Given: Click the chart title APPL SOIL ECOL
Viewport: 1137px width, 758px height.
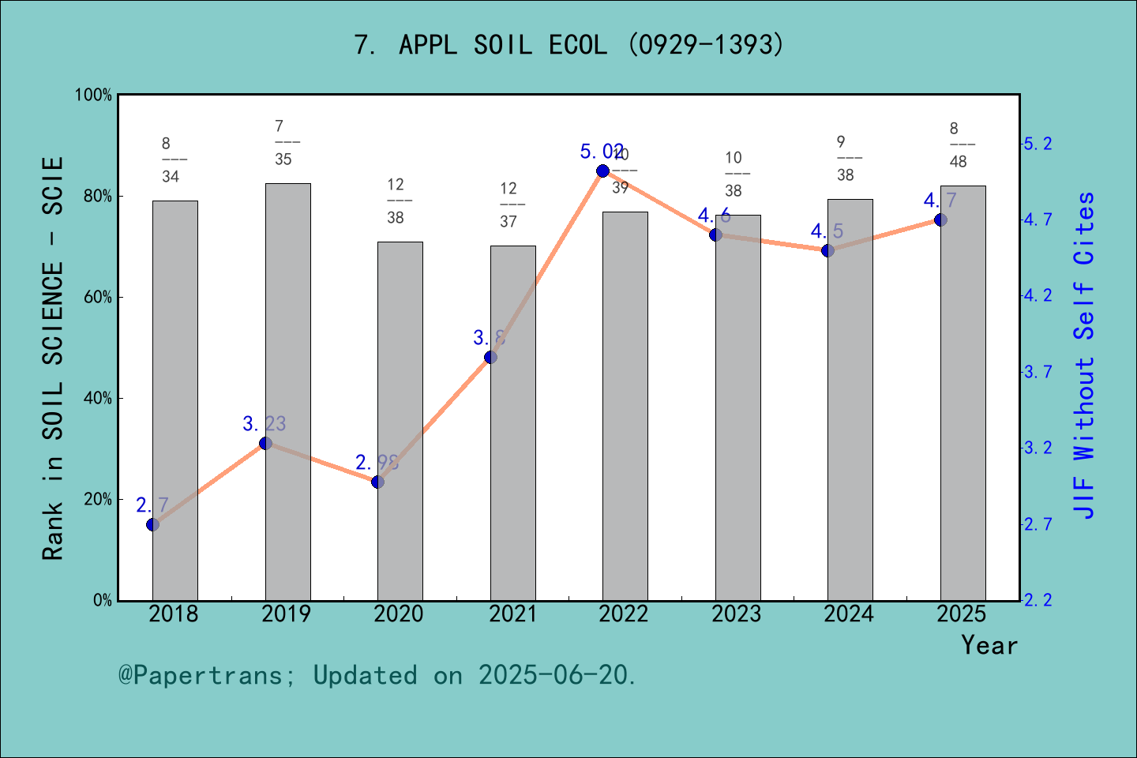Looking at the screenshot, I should point(568,45).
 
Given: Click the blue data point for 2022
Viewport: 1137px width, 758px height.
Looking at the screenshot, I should point(603,171).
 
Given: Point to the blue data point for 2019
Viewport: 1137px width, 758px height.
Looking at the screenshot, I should point(265,444).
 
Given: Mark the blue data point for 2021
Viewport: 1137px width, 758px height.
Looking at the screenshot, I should point(490,357).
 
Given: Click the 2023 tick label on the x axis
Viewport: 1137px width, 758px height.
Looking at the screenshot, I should point(736,614).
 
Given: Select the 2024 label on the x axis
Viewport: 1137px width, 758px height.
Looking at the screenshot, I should point(849,614).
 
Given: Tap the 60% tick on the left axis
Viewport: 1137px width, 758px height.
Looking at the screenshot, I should point(98,298).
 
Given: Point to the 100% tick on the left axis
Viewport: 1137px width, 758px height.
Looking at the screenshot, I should point(94,96).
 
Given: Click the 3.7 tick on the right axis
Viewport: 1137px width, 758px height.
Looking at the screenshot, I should point(1038,372).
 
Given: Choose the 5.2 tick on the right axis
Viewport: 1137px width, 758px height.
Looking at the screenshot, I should point(1038,144).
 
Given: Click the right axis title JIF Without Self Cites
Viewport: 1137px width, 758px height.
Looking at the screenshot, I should point(1084,355).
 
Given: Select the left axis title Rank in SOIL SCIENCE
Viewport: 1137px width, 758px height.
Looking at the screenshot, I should point(53,359).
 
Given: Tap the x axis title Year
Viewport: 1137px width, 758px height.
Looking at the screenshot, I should point(989,646).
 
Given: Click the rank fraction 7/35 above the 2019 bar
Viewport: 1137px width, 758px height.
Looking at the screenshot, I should point(283,143).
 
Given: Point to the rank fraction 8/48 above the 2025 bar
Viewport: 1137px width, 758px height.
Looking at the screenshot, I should point(958,145).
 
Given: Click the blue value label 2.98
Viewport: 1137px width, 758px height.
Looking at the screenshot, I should point(377,463).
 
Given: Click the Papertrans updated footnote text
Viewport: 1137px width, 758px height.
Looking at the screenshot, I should point(377,676).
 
